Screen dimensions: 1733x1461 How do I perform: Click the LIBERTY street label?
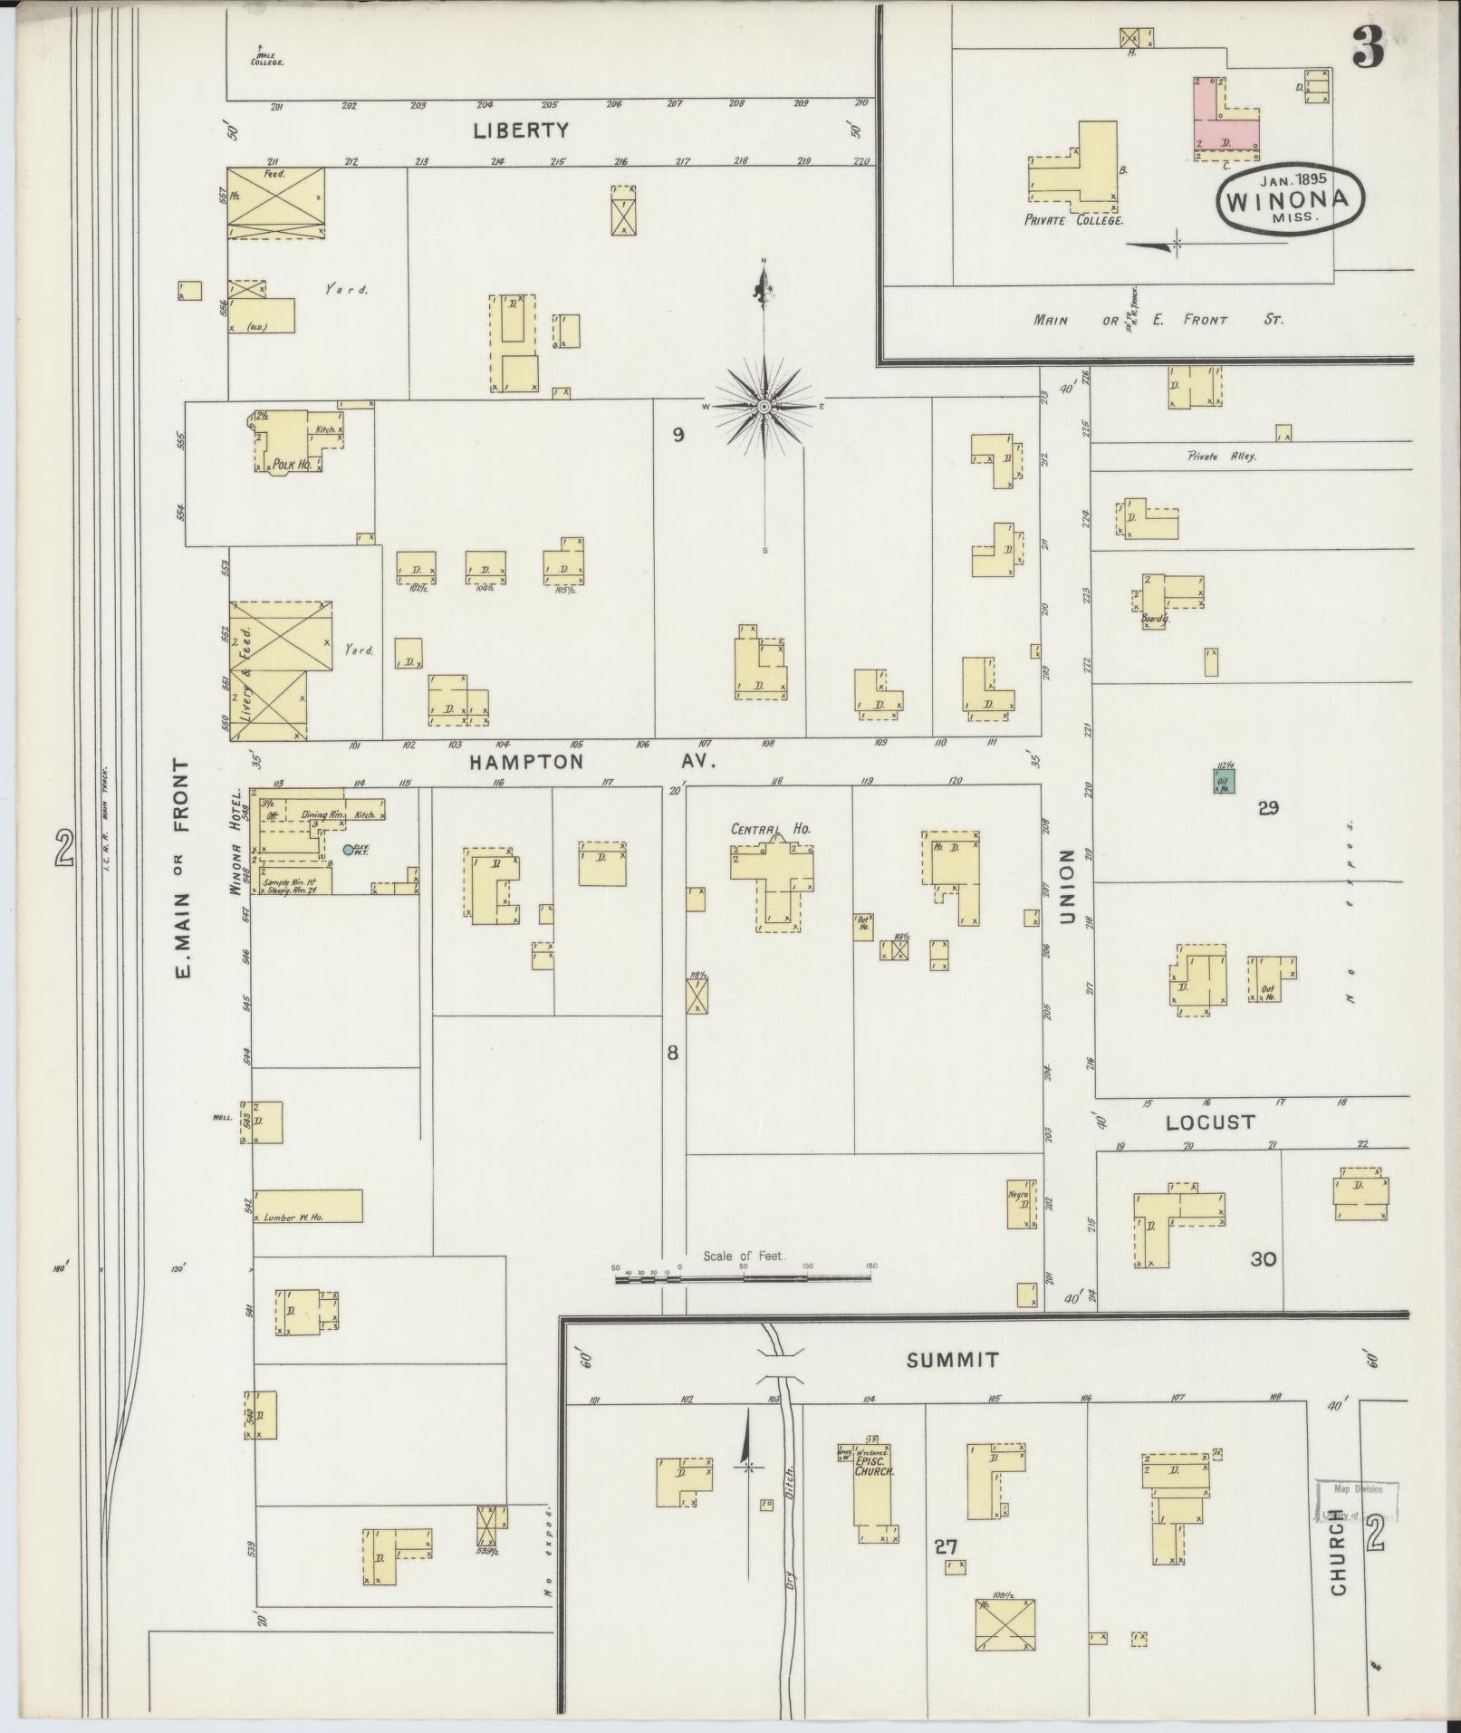521,130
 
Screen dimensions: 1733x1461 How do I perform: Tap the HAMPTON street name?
526,762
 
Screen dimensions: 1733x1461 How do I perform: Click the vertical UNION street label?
1066,887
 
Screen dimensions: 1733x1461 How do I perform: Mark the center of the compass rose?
764,407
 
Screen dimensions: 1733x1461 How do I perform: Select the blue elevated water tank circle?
349,850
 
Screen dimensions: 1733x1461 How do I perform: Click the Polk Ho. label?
292,464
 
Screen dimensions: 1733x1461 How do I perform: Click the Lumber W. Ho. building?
307,1206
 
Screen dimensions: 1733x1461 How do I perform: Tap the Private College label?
1073,220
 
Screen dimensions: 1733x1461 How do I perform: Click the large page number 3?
1369,47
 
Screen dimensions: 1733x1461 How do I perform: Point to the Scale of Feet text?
743,1256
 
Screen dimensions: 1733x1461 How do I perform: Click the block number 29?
1267,808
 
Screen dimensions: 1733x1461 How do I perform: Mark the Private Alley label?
1222,457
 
